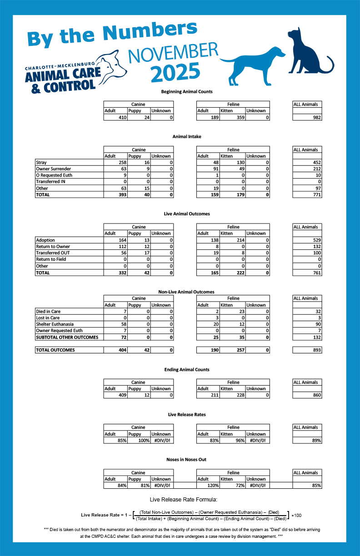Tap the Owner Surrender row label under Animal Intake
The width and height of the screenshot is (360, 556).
54,169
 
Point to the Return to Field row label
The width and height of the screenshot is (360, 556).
50,259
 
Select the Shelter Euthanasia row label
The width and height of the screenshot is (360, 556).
55,324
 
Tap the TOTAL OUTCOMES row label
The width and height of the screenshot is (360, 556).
55,350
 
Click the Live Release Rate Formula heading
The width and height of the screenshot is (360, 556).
180,499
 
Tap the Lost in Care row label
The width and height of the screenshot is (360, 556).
48,318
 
